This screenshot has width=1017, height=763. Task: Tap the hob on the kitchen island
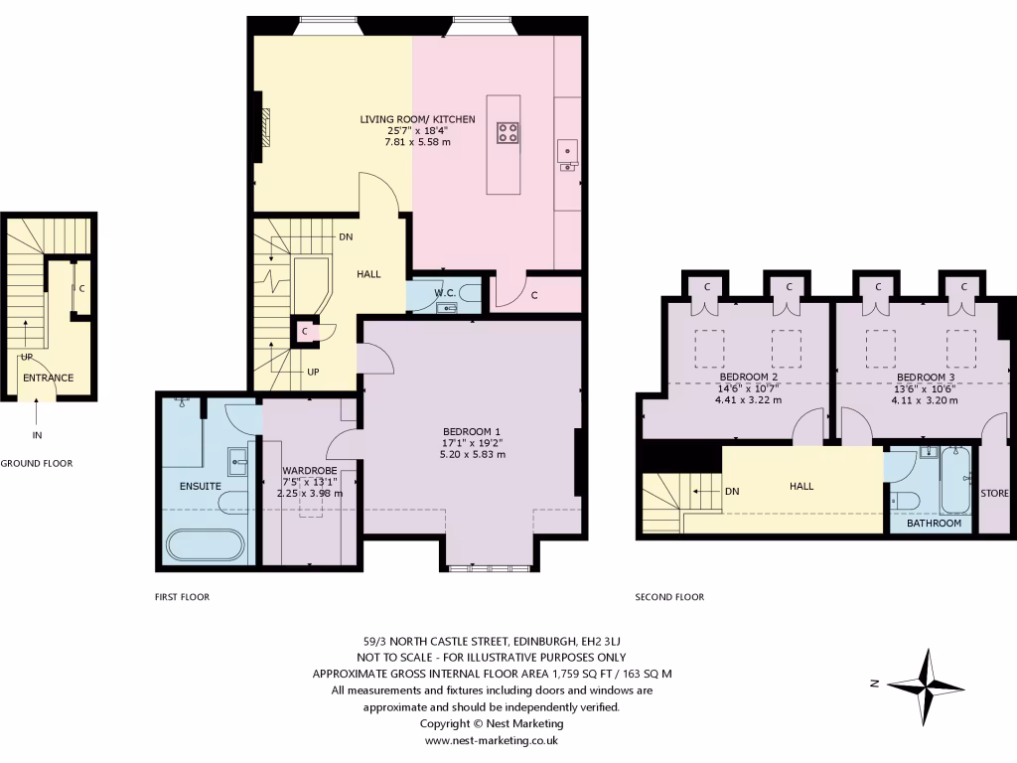pos(507,132)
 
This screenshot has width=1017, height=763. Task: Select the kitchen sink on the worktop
pos(569,151)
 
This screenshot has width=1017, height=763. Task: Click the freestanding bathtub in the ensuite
pos(204,545)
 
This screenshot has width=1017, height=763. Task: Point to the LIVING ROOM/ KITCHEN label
pos(417,119)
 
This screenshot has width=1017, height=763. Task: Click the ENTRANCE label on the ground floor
pos(49,378)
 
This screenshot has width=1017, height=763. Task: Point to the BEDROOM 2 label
pos(748,378)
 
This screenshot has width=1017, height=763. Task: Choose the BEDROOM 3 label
pos(926,378)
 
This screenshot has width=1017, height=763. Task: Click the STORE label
pos(995,493)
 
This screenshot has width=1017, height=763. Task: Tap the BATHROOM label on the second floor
pos(934,523)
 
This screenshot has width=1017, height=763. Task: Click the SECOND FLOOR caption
pos(669,597)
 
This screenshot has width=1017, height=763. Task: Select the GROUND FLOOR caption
pos(37,463)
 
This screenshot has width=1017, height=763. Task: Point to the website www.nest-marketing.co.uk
pos(492,740)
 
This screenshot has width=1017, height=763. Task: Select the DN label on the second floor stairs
pos(732,491)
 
